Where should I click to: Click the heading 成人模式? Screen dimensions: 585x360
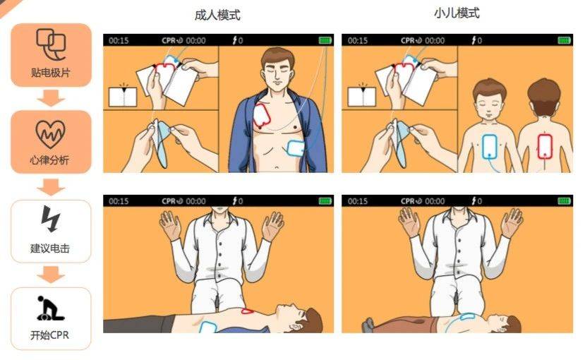coord(217,15)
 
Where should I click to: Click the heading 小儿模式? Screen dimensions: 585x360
coord(457,13)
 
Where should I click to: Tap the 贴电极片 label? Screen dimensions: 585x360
coord(50,73)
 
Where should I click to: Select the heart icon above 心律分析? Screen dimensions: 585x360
coord(50,134)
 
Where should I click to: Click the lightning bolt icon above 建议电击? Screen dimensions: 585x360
coord(50,219)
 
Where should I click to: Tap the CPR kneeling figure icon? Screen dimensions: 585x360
coord(50,308)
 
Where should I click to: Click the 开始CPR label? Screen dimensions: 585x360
coord(49,335)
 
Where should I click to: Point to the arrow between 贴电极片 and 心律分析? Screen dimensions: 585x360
coord(51,98)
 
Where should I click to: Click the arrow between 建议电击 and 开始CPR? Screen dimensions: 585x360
coord(51,274)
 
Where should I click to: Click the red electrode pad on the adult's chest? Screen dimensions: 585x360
coord(262,115)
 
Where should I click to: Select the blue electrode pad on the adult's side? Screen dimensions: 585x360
coord(296,148)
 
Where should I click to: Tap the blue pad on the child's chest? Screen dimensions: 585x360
coord(490,146)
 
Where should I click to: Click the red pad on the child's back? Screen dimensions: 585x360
coord(545,146)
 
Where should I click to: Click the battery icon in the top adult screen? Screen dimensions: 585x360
coord(325,40)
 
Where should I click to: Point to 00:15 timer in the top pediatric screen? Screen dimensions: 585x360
coord(357,40)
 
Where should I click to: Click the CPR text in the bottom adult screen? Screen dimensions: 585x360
coord(168,201)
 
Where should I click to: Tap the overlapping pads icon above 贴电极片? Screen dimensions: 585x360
coord(51,44)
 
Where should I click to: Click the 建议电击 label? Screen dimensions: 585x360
coord(50,248)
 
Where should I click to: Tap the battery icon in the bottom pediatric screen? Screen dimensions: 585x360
coord(564,201)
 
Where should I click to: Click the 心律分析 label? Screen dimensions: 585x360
coord(49,160)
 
